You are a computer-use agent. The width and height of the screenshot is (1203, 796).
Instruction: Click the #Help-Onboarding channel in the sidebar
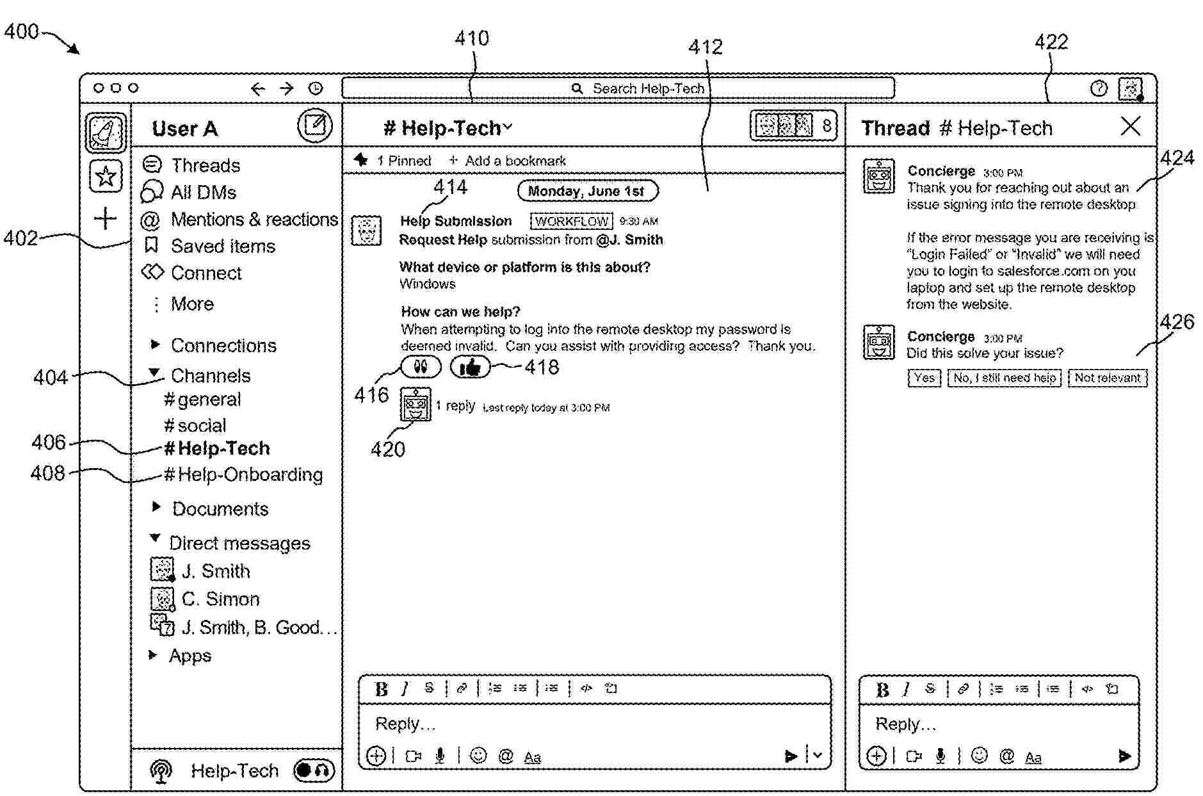coord(243,475)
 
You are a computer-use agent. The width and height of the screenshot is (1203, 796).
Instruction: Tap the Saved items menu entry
coord(222,246)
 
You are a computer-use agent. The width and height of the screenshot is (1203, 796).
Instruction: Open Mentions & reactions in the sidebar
coord(254,220)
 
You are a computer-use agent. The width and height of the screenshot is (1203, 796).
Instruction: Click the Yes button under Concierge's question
coord(924,378)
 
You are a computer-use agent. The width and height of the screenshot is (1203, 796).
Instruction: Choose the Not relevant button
coord(1107,378)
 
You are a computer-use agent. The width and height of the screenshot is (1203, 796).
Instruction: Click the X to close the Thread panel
coord(1131,126)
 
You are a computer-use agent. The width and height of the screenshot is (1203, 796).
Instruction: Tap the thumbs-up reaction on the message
coord(470,367)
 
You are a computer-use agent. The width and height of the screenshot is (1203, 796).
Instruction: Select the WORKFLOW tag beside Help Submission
coord(571,222)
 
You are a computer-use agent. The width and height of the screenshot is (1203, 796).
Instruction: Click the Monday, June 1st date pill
coord(586,191)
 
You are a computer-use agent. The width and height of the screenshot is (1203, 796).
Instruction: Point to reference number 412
coord(706,47)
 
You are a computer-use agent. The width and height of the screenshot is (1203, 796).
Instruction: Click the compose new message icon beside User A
coord(315,125)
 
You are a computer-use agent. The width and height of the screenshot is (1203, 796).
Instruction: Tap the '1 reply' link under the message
coord(455,406)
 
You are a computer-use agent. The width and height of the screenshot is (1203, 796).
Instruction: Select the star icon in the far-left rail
coord(106,176)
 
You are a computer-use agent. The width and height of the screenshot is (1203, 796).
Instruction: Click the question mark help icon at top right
coord(1099,88)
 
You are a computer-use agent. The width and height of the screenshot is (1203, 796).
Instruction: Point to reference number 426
coord(1177,321)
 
